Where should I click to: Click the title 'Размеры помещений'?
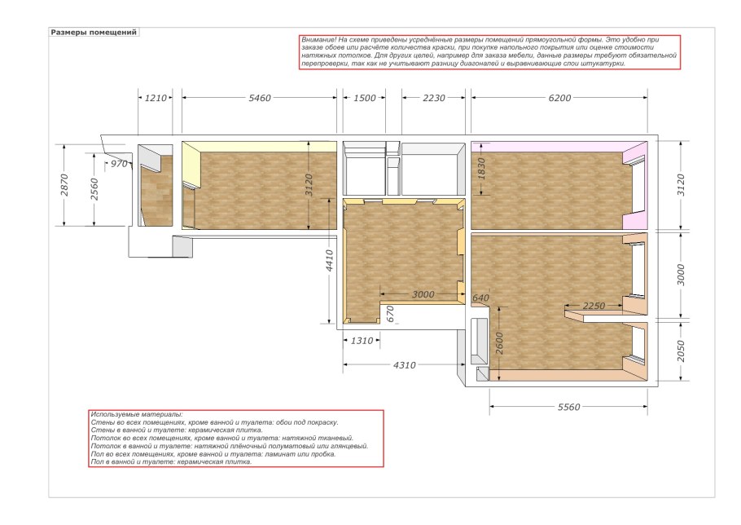tap(94, 33)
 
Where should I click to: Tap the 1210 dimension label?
tap(156, 98)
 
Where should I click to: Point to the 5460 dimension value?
tap(260, 98)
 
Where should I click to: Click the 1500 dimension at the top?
tap(365, 98)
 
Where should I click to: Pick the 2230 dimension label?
tap(434, 98)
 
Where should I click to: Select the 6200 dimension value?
tap(560, 98)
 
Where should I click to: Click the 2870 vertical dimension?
tap(64, 185)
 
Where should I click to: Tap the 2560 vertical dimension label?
tap(94, 189)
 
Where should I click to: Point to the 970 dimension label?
tap(119, 164)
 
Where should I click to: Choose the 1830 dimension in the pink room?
tap(481, 169)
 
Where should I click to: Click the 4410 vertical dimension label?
tap(330, 261)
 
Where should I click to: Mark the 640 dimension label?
tap(480, 298)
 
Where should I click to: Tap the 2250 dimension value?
tap(594, 306)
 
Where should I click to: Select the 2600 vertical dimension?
tap(500, 343)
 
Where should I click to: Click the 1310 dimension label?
tap(362, 341)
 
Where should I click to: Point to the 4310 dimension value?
tap(405, 365)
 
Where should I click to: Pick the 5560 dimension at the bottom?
tap(569, 407)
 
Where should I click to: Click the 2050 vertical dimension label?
tap(681, 351)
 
